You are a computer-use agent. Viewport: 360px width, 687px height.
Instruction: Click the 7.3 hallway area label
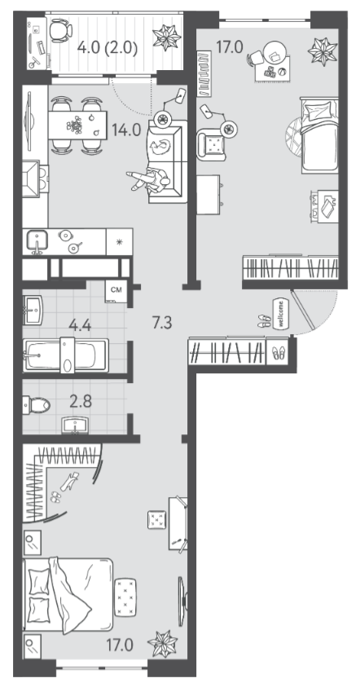click(x=161, y=324)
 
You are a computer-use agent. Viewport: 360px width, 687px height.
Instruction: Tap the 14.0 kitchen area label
click(x=125, y=130)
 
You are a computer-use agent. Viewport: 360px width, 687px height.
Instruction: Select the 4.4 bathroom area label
click(x=81, y=325)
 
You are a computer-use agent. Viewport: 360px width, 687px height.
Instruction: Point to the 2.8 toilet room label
click(x=81, y=401)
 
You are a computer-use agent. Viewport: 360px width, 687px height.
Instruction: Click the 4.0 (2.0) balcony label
click(x=108, y=47)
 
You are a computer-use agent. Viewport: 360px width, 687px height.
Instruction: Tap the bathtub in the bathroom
click(x=66, y=355)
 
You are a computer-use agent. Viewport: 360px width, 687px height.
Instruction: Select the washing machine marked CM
click(x=116, y=292)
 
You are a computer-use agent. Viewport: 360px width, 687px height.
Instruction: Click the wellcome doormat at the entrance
click(x=280, y=313)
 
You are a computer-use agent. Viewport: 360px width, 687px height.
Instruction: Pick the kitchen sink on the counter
click(x=37, y=241)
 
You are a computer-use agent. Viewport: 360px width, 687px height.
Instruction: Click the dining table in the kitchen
click(x=77, y=125)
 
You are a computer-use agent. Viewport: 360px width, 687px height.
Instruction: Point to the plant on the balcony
click(x=166, y=37)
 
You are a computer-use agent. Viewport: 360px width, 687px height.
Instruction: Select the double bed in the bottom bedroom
click(x=68, y=594)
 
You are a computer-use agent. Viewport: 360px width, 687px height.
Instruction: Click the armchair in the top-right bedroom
click(x=212, y=143)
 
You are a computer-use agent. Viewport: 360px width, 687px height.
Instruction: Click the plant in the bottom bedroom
click(x=162, y=643)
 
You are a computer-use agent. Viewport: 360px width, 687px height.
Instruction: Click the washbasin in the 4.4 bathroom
click(x=33, y=310)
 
